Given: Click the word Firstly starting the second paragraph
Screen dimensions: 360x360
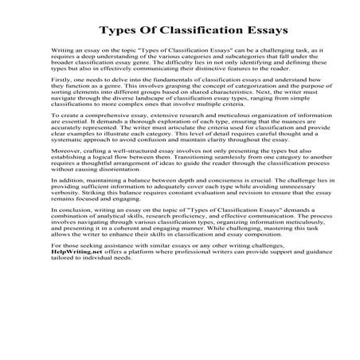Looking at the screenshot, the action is [x=59, y=104].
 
